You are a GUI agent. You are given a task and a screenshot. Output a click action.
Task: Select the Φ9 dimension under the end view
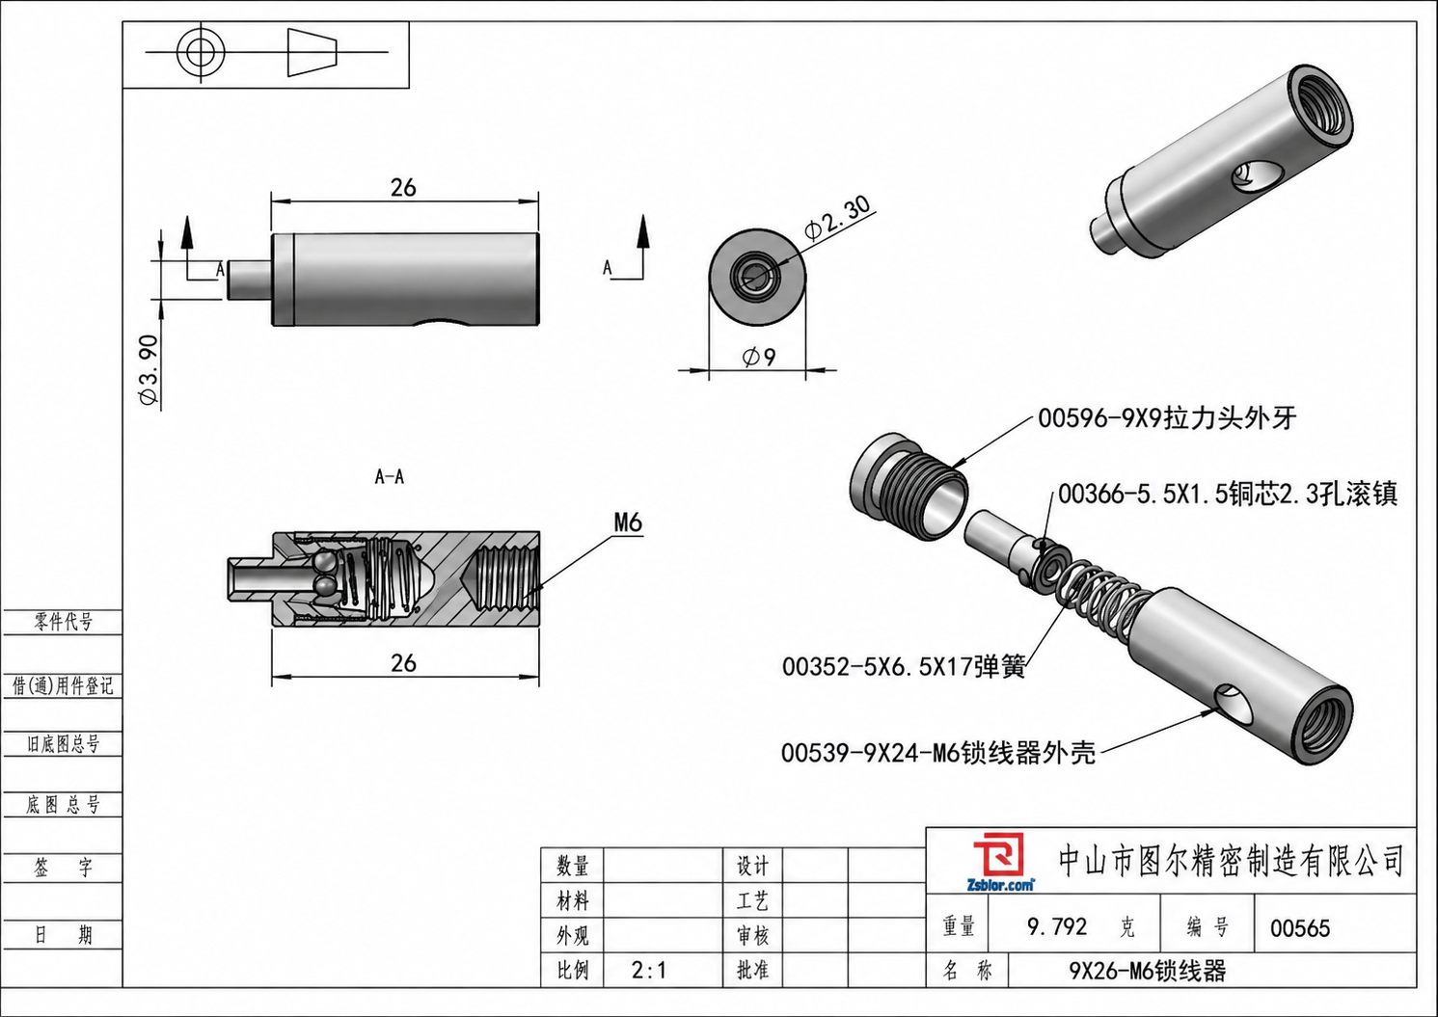point(759,357)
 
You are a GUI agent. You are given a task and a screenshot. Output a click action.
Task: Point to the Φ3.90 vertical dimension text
point(148,369)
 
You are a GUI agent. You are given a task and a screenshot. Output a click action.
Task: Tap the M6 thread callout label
point(628,522)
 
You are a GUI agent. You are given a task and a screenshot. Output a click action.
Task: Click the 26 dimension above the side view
point(403,187)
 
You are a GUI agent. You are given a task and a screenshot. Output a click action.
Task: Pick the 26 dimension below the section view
point(403,663)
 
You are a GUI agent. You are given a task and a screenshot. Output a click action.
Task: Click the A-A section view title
point(390,477)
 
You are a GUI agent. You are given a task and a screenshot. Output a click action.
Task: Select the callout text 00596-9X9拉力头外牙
point(1167,418)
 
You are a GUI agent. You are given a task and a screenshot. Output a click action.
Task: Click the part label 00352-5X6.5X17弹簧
point(904,667)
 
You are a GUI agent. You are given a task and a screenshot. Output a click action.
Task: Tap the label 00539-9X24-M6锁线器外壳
point(937,752)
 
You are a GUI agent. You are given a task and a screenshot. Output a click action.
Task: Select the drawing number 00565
point(1300,928)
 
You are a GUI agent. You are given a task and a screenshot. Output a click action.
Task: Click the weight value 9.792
point(1057,926)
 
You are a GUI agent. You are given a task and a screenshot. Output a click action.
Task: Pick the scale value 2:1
point(648,970)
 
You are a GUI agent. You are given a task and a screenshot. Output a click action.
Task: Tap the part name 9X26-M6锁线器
point(1148,971)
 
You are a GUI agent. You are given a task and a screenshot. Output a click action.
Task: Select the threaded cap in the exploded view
point(908,487)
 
